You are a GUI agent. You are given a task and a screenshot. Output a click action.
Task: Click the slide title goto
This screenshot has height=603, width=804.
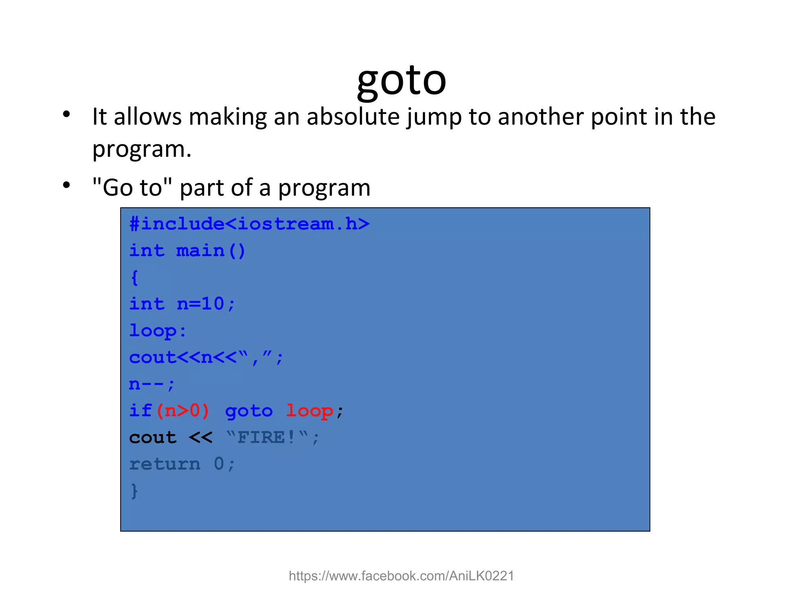(401, 80)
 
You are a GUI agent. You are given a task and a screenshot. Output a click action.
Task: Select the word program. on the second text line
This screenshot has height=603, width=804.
(142, 150)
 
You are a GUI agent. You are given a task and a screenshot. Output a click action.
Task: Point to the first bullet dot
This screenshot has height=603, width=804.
(66, 114)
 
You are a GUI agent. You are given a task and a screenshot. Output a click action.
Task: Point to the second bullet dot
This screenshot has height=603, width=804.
(66, 185)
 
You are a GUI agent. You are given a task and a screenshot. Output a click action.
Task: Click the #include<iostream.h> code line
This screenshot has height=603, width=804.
(250, 224)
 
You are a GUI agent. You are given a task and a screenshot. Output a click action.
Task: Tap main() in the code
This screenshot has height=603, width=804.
(210, 251)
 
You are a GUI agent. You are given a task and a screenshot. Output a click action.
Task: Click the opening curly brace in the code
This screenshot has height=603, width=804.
(134, 278)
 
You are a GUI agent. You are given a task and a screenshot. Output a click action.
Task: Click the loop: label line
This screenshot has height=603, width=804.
(158, 331)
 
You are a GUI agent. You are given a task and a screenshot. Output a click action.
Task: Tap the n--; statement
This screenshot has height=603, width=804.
(152, 384)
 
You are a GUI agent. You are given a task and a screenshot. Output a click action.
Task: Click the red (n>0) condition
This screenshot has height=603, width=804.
(183, 411)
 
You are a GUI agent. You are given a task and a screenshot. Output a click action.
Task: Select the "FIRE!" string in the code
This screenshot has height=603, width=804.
(267, 437)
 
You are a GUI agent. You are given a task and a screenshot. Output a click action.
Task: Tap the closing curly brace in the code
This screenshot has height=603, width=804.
(134, 491)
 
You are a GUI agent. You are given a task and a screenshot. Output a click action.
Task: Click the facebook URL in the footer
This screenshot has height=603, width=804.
(401, 576)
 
